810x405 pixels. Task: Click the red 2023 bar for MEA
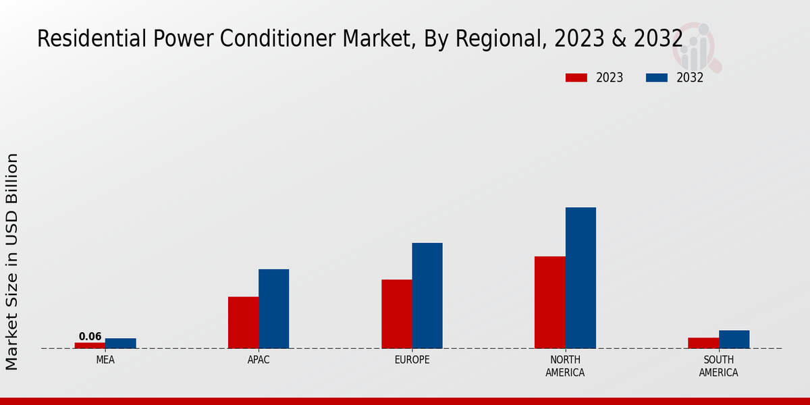(90, 345)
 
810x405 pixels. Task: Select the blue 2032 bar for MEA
(121, 343)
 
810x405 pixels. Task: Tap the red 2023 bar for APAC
(243, 322)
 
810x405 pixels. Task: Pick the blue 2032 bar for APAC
(273, 308)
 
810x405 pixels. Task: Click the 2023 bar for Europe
(396, 314)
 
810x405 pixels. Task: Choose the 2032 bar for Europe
(427, 295)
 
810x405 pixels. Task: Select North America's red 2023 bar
(549, 302)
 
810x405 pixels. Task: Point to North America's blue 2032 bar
(580, 277)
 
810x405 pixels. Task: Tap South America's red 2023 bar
(703, 343)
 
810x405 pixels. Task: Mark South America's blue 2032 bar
(734, 339)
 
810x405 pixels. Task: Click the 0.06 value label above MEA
(90, 336)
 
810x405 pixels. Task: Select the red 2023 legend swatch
(576, 78)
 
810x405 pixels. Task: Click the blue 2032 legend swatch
(657, 78)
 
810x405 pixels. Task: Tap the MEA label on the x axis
(105, 360)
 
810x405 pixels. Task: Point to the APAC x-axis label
(259, 360)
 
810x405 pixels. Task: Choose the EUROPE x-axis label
(412, 360)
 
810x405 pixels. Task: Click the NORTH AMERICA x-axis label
(565, 366)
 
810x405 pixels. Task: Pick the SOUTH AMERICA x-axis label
(718, 366)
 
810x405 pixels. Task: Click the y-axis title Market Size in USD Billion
(12, 261)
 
